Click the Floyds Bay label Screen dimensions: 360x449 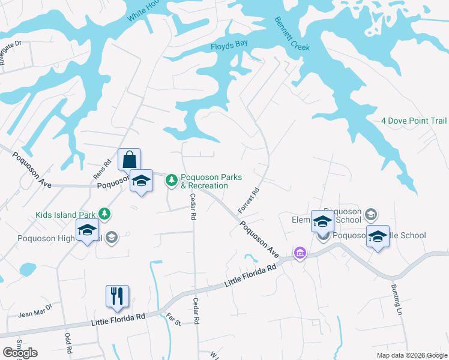[x=229, y=46]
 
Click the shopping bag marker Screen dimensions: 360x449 [x=129, y=160]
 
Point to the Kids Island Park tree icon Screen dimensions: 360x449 [x=104, y=214]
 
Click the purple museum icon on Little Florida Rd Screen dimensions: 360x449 [x=300, y=254]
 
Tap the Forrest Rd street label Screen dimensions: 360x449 [x=248, y=200]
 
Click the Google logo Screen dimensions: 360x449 [x=20, y=353]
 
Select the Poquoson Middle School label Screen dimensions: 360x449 [x=378, y=235]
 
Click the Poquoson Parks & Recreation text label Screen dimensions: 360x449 [x=211, y=181]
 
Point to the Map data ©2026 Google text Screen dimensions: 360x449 [x=411, y=355]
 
